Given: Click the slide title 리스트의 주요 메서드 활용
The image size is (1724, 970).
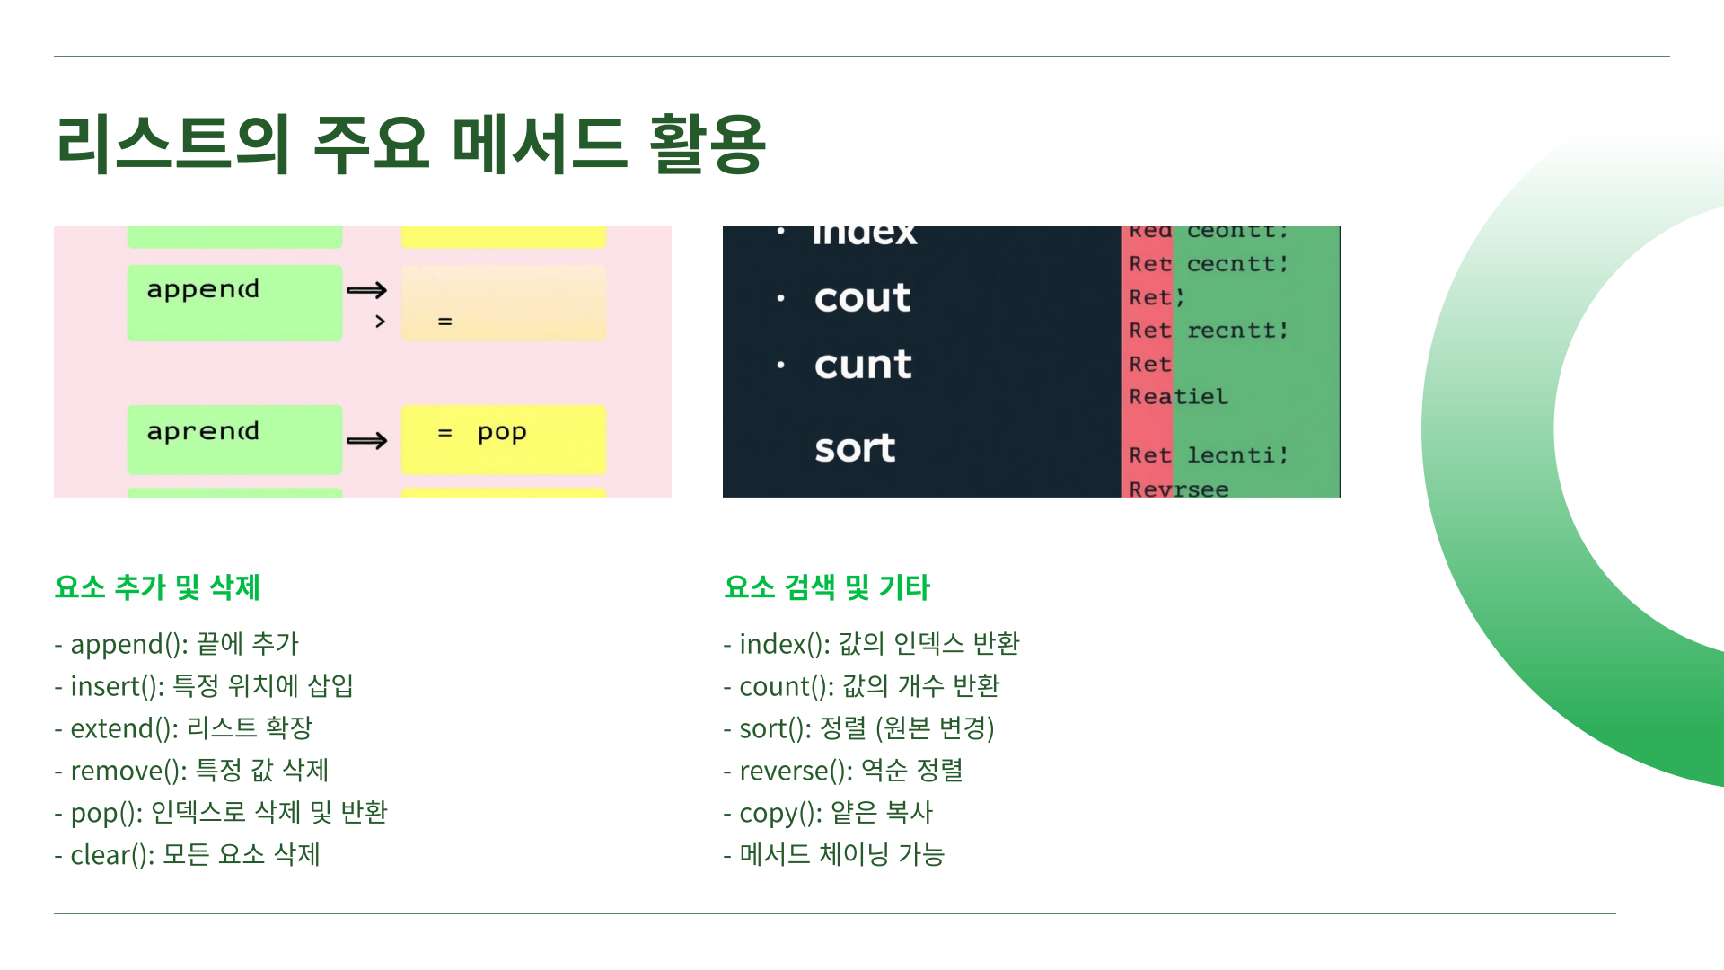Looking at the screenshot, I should pos(410,144).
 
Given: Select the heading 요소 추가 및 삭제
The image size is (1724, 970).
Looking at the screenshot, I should pos(157,587).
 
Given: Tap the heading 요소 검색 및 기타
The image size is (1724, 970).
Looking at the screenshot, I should pos(826,587).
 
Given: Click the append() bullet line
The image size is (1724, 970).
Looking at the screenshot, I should pos(176,644).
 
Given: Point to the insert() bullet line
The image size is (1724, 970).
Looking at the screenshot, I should pos(203,686).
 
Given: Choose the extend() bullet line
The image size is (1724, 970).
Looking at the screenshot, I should pos(183,728).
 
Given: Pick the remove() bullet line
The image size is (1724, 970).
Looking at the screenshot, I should pos(191,771).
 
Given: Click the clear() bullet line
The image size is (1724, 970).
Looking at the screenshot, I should pos(187,855).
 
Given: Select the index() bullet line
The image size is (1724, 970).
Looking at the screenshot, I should pos(871,644).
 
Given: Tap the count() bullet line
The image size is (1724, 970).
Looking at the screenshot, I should pos(861,686).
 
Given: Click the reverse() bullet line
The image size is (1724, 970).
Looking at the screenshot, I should pos(843,771).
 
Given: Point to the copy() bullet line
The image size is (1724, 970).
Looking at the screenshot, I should pos(828,813).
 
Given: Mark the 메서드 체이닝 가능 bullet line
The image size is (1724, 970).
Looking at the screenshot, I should pos(834,855).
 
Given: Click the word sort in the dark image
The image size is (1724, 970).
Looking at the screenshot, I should pos(855,448).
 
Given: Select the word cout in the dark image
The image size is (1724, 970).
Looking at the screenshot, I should pos(862,298).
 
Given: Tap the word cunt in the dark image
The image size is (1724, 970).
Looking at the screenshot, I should pos(863,365).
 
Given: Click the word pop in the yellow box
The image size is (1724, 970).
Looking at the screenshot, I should pos(502,433).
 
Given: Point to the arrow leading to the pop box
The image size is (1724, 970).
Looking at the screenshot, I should pos(366,440).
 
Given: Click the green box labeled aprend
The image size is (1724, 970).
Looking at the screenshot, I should pos(234,439).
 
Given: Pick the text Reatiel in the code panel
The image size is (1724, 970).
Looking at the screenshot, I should pos(1178,397).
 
